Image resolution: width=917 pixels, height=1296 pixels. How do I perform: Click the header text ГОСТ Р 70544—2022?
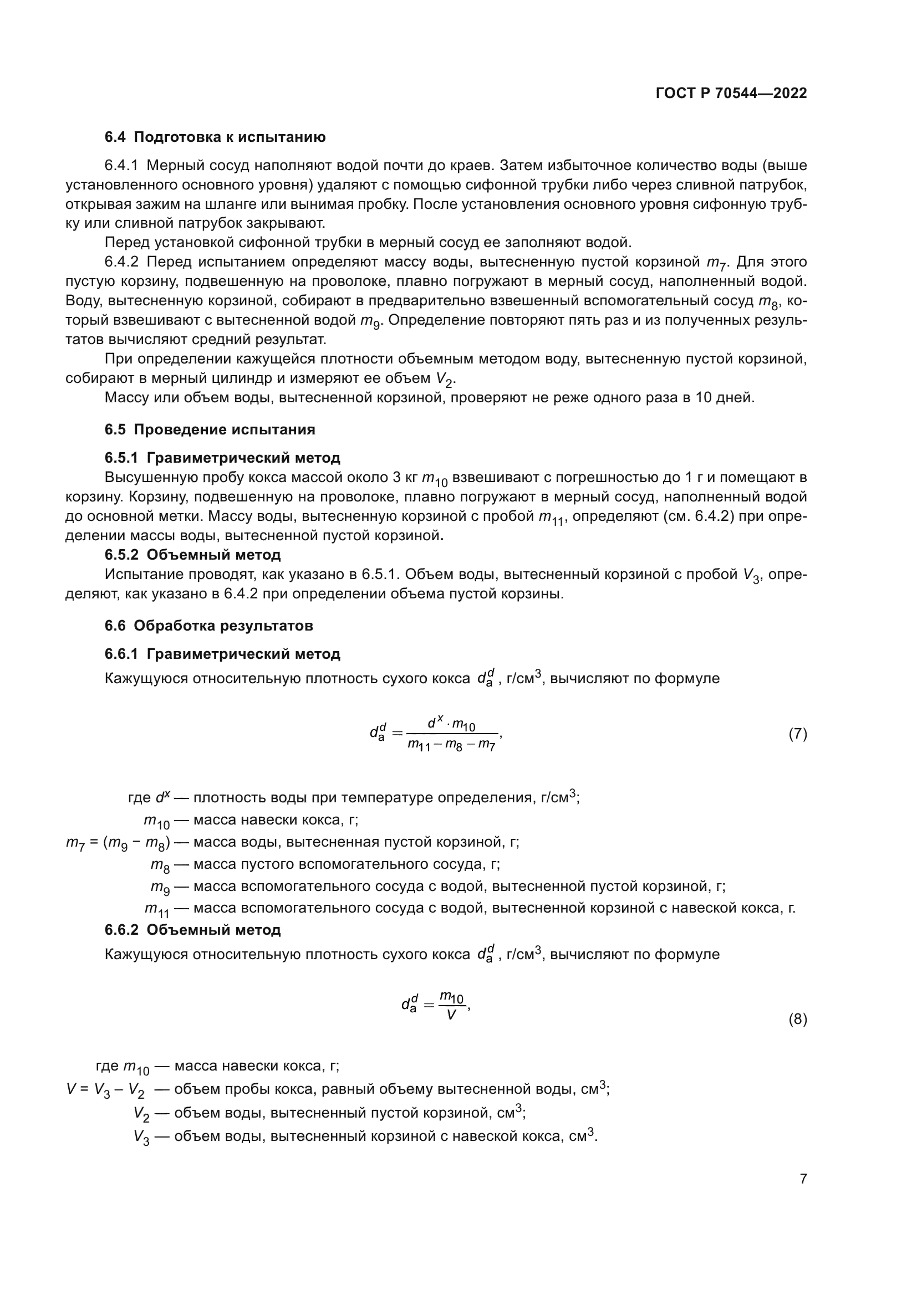pos(731,94)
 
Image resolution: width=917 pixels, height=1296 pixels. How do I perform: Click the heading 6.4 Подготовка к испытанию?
pos(215,137)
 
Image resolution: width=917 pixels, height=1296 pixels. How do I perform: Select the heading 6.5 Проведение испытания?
pos(210,429)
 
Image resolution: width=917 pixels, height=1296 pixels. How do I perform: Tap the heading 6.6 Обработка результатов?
pos(208,626)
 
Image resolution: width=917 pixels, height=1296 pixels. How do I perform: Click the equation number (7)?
pos(797,734)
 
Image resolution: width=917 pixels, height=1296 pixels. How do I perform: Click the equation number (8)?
pos(797,1020)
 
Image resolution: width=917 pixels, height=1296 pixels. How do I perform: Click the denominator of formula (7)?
pos(451,745)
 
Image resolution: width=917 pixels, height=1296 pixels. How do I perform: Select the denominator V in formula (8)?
pos(451,1016)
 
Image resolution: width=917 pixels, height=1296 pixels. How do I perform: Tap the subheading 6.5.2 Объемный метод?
pos(192,555)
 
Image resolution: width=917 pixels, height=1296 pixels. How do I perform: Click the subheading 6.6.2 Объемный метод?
pos(192,930)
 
